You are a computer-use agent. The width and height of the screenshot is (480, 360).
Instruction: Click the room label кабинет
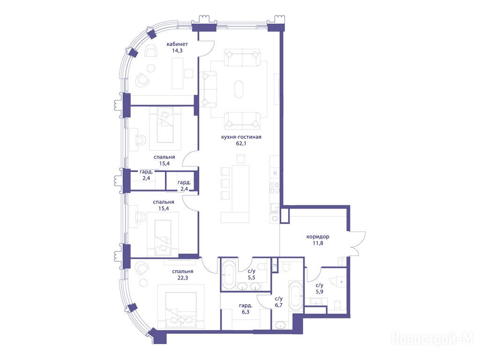pos(177,44)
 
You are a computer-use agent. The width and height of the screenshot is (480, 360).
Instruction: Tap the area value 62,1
pos(241,143)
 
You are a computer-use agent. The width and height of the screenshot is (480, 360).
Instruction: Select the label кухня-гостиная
pos(241,137)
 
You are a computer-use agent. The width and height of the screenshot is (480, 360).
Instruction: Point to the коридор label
pos(318,237)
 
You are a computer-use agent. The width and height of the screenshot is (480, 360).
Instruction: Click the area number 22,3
pos(182,278)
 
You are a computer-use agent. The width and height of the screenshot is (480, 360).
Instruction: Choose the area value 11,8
pos(318,243)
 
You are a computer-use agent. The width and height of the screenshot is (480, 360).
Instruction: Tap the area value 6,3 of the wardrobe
pos(246,312)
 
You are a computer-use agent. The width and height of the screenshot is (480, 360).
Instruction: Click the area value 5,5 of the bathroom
pos(251,277)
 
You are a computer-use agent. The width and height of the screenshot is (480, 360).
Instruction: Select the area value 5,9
pos(319,292)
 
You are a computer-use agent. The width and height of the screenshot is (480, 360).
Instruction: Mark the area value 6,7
pos(278,305)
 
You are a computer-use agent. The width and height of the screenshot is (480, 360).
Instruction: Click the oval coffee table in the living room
pos(239,89)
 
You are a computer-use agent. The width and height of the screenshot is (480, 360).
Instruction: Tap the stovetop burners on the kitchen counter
pos(274,187)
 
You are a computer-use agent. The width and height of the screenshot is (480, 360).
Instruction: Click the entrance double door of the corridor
pos(358,243)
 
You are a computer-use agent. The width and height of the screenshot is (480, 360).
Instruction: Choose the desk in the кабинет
pos(178,74)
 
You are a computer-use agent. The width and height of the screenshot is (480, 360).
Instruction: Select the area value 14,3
pos(177,51)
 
